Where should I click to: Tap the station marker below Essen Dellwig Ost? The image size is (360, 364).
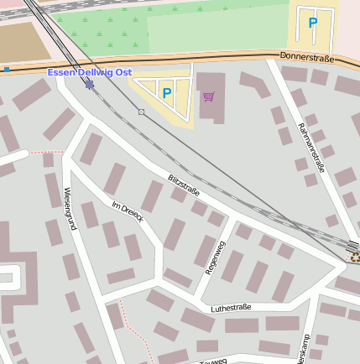coord(90,84)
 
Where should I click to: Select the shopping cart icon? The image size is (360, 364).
coord(208,96)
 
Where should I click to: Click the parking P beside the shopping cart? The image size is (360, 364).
coord(166,92)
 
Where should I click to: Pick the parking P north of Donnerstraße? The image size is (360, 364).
coord(313,23)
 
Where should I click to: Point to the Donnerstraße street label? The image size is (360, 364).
coord(306,59)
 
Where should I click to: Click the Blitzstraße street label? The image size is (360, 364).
coord(184,185)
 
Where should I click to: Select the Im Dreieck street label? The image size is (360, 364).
coord(128,211)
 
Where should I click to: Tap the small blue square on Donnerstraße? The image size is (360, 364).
coord(7,70)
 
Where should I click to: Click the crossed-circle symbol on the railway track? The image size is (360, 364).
coord(141,112)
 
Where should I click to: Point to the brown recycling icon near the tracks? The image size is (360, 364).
coord(354,258)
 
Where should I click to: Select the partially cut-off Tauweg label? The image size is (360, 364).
coord(214,361)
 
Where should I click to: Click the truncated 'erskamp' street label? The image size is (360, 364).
coord(302,353)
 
